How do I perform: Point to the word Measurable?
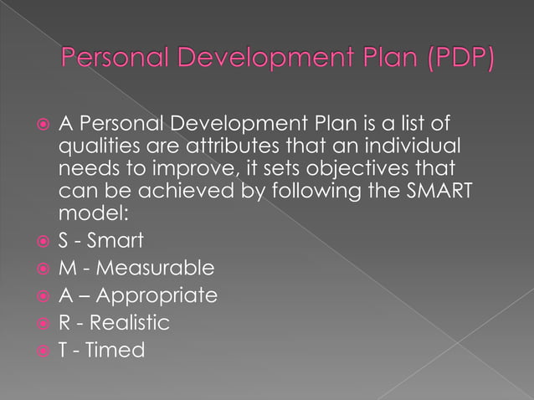[x=159, y=269]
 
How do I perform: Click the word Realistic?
[x=131, y=323]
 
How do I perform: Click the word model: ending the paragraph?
[x=88, y=213]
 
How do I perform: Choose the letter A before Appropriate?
[x=64, y=296]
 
